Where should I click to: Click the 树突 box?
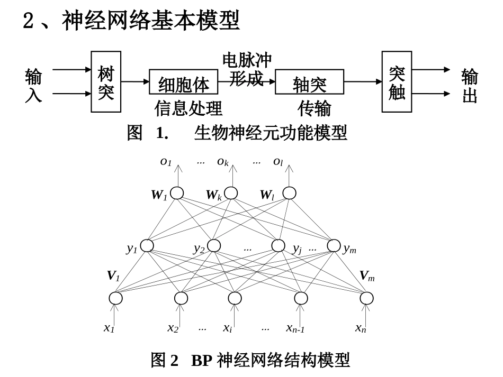(106, 82)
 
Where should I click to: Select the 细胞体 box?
(183, 82)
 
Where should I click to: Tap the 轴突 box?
(309, 82)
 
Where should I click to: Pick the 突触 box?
(397, 82)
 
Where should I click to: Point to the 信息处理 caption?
(188, 108)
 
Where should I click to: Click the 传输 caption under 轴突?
(314, 108)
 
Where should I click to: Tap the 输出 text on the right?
(469, 85)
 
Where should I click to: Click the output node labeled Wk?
(231, 193)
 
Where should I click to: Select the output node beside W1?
(177, 193)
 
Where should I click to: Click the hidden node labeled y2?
(214, 245)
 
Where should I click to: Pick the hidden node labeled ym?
(334, 245)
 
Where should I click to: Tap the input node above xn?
(366, 298)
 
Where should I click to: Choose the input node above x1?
(115, 298)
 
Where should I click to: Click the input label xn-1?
(295, 328)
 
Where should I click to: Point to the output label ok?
(223, 161)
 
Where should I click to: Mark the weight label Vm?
(366, 276)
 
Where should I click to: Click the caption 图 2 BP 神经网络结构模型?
(250, 361)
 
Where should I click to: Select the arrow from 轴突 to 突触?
(363, 81)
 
